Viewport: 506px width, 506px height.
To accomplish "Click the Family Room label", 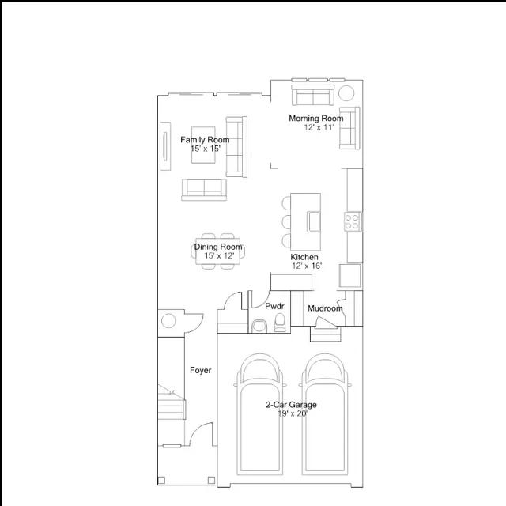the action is pos(205,140).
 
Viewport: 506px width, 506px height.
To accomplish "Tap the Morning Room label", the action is pos(316,119).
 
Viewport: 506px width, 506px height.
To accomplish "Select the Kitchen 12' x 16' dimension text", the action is pos(308,266).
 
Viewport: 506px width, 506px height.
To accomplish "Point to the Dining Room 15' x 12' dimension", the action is pos(219,256).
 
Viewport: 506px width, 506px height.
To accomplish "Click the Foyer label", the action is pos(200,370).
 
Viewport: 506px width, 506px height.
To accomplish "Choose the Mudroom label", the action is pos(325,308).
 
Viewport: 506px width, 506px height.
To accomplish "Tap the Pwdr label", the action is pos(274,306).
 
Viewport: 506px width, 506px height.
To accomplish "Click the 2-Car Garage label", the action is pos(291,405).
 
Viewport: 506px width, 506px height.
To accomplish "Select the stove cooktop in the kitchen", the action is pos(352,221).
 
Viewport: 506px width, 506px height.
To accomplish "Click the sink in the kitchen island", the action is pos(313,221).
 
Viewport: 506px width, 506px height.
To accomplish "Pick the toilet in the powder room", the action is pos(280,323).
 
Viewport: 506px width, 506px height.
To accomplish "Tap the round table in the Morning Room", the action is pos(346,93).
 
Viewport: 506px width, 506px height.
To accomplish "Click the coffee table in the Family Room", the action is pos(203,145).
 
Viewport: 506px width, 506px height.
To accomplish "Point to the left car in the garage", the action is pos(260,414).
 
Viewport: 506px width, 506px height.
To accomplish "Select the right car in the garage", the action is pos(325,414).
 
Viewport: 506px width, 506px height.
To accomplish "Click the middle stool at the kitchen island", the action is pos(286,221).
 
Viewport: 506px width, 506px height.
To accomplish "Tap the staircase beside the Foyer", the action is pos(172,402).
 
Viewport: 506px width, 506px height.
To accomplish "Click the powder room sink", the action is pos(259,326).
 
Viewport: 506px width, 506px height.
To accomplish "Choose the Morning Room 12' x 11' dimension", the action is pos(319,127).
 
